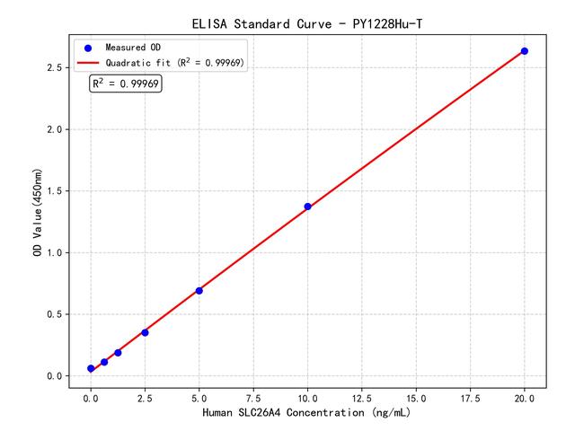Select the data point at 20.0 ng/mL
(x=525, y=51)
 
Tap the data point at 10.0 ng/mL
(x=307, y=207)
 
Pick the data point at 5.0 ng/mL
(x=199, y=290)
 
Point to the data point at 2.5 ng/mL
(x=145, y=332)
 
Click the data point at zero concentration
(x=91, y=368)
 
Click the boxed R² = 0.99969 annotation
(x=126, y=84)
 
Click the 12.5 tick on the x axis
(x=362, y=396)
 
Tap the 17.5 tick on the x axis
(x=471, y=396)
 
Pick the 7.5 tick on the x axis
(x=253, y=396)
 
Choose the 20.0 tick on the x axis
(x=525, y=396)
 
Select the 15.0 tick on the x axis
(x=416, y=396)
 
